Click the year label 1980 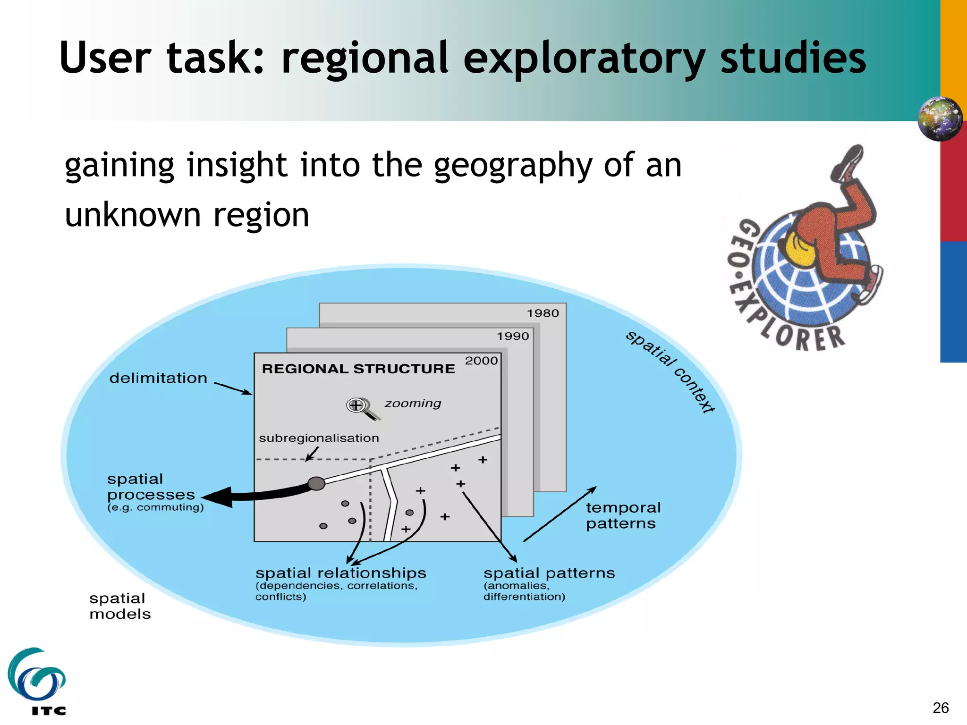(543, 313)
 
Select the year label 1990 (513, 336)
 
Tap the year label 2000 (481, 361)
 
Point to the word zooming (413, 404)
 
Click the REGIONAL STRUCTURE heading (358, 369)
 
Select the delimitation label (158, 378)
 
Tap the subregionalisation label (319, 438)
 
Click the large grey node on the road (316, 483)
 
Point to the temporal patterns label (623, 515)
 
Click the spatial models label (120, 606)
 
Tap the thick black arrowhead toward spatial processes (220, 497)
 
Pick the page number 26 (941, 708)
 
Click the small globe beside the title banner (940, 118)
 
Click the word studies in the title (793, 58)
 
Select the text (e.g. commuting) (155, 507)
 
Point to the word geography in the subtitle (513, 166)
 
